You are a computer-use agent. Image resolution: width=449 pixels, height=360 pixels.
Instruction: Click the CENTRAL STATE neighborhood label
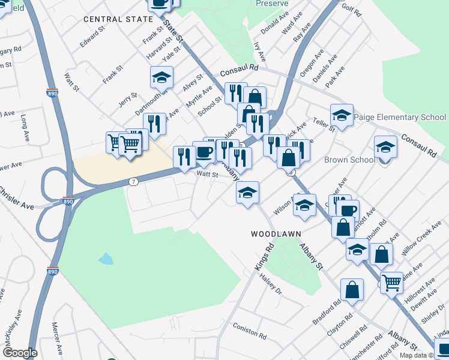[118, 19]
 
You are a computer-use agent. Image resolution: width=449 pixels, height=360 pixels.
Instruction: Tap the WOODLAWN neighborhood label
[276, 233]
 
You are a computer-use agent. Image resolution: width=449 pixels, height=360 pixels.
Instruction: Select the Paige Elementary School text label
[400, 117]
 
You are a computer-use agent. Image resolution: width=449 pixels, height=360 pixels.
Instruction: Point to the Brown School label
[349, 160]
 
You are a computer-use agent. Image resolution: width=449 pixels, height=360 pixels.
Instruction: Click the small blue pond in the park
[106, 259]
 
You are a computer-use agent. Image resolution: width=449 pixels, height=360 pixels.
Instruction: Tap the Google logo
[20, 353]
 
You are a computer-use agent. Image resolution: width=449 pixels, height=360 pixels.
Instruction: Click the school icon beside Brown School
[385, 146]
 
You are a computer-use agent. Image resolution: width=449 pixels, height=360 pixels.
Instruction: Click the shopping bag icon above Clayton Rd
[352, 290]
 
